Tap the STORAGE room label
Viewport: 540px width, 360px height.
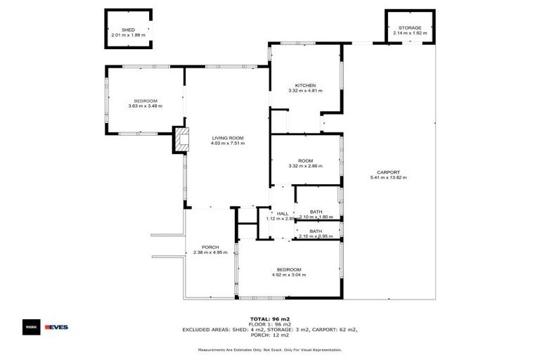410,28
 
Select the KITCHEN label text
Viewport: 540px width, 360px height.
305,85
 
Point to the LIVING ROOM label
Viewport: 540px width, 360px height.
227,138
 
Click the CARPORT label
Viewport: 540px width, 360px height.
388,172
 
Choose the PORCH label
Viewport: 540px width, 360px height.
210,247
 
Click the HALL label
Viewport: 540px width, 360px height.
283,213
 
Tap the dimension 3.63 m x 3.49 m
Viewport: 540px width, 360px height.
146,106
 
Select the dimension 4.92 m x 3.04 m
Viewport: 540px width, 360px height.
289,276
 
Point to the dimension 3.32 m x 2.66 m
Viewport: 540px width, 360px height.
305,166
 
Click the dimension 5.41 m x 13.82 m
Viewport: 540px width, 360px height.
388,178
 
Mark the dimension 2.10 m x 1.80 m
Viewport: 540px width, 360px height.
316,217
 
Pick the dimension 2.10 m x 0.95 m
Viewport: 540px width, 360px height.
316,236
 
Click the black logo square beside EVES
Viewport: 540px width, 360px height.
31,327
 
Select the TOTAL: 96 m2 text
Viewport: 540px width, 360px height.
269,319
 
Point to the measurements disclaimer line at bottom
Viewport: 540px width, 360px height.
270,349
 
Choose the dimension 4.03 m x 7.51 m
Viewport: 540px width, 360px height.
227,143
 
